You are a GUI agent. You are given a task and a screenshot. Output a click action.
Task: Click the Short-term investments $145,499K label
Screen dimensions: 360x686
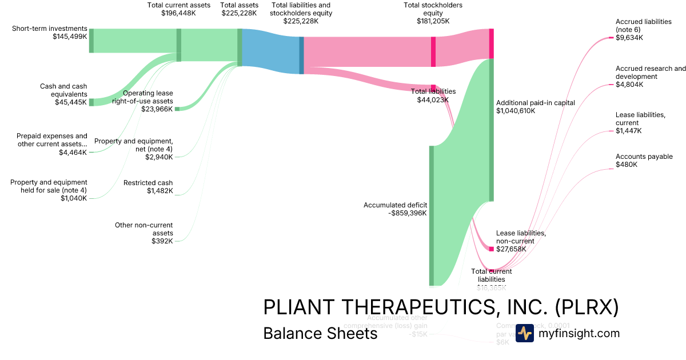(x=50, y=33)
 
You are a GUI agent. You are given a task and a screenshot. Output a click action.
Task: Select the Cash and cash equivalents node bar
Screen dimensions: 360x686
(x=91, y=102)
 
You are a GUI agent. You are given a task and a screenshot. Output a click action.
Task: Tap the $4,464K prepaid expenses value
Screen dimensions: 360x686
(x=73, y=153)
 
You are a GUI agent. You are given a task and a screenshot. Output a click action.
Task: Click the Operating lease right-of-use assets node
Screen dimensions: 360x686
(x=177, y=109)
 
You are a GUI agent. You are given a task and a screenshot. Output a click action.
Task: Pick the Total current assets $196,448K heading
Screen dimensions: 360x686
(x=178, y=9)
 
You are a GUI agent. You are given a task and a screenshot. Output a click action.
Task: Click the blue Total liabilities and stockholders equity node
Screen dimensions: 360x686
(x=301, y=55)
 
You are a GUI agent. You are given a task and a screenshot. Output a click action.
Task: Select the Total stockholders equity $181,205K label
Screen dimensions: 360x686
(x=433, y=13)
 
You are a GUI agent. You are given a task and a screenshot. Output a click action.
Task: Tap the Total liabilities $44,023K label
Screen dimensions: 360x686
(x=433, y=95)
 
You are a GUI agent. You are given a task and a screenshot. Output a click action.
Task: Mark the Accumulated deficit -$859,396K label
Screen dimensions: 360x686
(x=395, y=209)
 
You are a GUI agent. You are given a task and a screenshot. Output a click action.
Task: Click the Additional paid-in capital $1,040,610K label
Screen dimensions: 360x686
(x=536, y=107)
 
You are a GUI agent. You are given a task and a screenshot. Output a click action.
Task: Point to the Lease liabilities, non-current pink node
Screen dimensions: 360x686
(x=491, y=249)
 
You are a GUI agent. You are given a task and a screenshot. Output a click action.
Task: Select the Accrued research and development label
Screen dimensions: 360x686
(x=651, y=77)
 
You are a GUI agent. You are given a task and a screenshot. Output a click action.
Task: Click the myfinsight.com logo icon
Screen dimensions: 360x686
(x=524, y=333)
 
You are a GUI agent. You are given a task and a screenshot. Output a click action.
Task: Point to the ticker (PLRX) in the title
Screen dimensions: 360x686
(x=587, y=307)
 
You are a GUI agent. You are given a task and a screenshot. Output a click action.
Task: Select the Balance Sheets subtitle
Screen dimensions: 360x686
(x=320, y=333)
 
